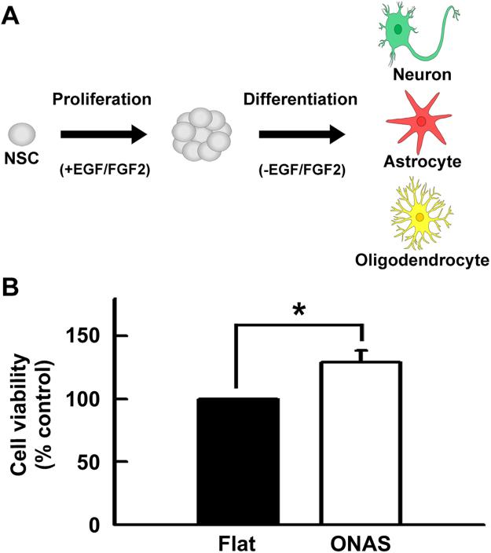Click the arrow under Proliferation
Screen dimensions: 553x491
(104, 134)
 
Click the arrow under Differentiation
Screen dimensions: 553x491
(302, 134)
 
